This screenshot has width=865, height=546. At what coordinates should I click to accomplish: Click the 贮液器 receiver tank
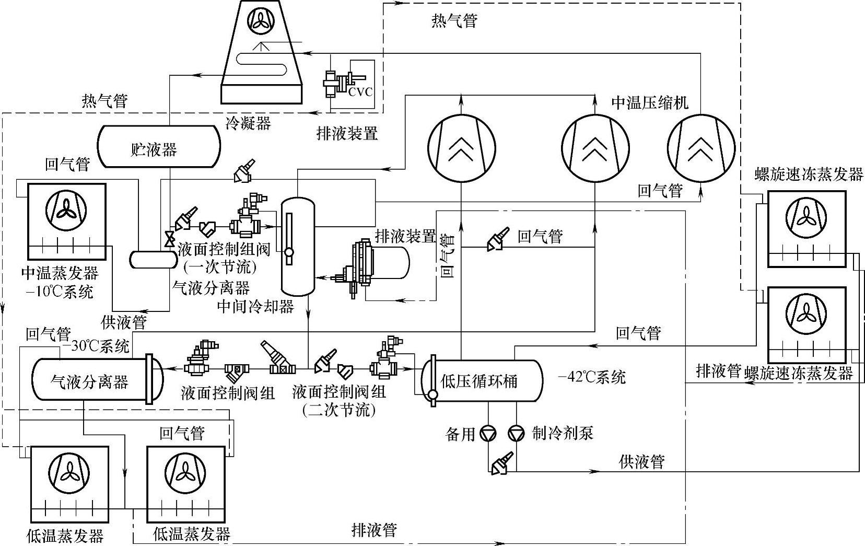point(159,146)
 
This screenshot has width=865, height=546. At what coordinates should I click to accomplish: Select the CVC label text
point(360,92)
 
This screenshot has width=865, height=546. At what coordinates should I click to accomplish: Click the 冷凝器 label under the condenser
point(248,123)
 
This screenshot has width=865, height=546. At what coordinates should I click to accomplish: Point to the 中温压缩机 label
point(650,103)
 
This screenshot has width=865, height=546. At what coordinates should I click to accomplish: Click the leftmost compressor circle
point(461,148)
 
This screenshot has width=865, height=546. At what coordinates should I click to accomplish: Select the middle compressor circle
point(595,148)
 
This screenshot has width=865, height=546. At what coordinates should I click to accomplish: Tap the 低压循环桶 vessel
point(482,381)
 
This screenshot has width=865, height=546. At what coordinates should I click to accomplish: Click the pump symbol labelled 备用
point(488,434)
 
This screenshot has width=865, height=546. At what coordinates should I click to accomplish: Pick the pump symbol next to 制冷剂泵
point(516,434)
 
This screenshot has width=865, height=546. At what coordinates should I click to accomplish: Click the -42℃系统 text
point(592,377)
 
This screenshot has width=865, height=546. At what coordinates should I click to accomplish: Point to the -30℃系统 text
point(96,345)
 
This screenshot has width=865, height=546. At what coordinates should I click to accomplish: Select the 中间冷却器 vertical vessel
point(298,247)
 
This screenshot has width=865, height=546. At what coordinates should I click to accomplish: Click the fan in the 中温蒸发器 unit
point(66,211)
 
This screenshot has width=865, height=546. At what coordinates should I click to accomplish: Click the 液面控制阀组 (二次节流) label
point(339,401)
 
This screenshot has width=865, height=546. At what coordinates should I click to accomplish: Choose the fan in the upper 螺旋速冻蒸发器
point(806,217)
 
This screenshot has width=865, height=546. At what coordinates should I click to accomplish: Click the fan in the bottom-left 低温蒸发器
point(69,473)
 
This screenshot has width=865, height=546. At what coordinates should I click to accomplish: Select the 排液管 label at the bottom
point(374,530)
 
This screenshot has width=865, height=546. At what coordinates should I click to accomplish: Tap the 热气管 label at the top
point(454,20)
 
